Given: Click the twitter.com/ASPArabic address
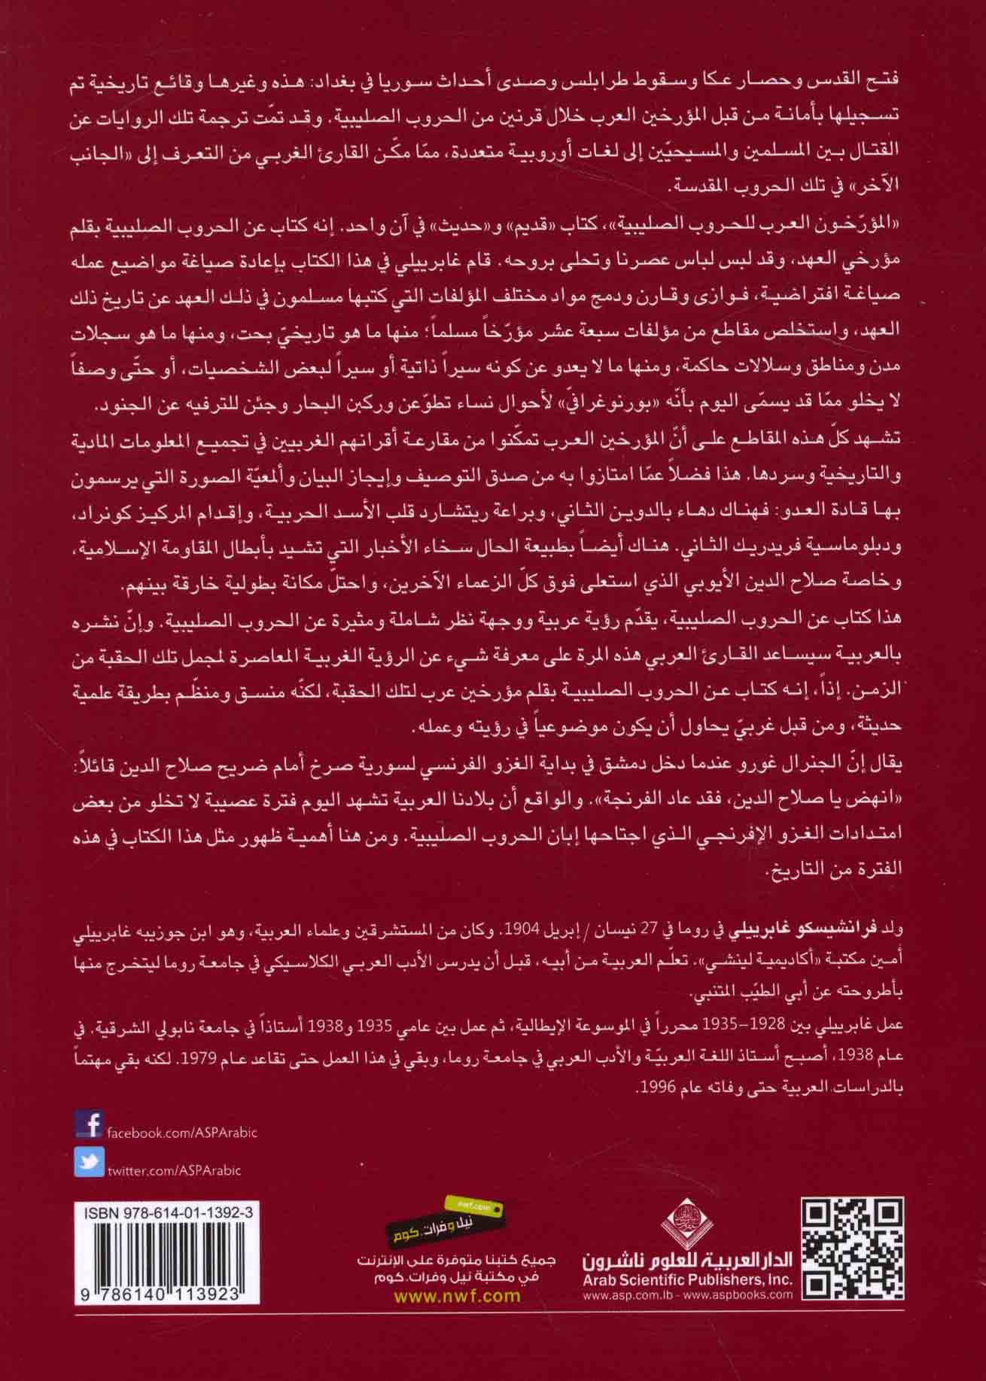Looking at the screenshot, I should tap(175, 1170).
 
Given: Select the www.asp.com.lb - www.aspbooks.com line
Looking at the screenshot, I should tap(688, 1311).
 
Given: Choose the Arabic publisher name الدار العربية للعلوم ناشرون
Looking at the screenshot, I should tap(688, 1279).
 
